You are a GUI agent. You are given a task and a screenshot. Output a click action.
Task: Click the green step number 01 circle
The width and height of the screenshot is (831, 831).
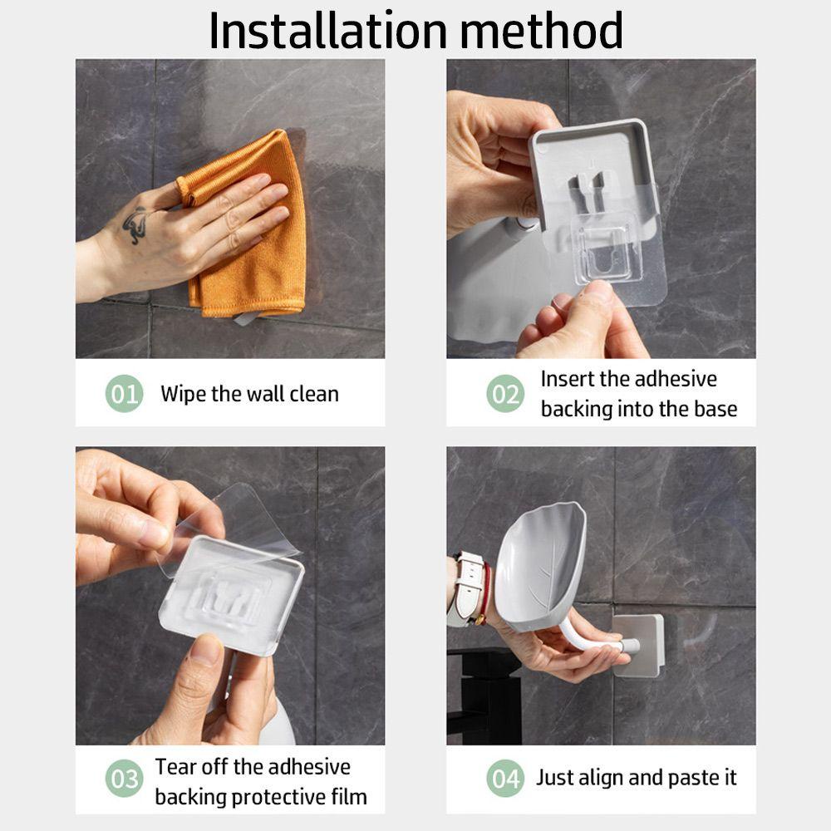(x=124, y=394)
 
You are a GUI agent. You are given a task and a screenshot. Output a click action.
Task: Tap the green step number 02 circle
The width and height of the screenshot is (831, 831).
(x=505, y=394)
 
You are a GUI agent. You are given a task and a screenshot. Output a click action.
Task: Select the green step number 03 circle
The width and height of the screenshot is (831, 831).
(x=124, y=779)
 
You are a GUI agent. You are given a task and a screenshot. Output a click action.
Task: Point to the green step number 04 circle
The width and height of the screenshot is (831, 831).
(x=505, y=779)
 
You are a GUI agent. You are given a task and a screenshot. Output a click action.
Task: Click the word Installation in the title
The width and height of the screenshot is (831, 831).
(x=328, y=31)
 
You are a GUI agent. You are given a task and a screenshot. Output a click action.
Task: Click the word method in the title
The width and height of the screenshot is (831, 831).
(x=541, y=31)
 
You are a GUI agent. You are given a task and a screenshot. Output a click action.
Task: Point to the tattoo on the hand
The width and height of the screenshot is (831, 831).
(x=135, y=224)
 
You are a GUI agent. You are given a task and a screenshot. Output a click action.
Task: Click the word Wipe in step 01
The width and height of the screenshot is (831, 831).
(x=184, y=394)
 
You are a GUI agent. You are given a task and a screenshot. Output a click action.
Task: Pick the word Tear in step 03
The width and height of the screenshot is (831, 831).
(x=175, y=767)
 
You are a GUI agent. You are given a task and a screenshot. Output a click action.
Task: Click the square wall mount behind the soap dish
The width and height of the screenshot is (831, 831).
(x=639, y=646)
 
